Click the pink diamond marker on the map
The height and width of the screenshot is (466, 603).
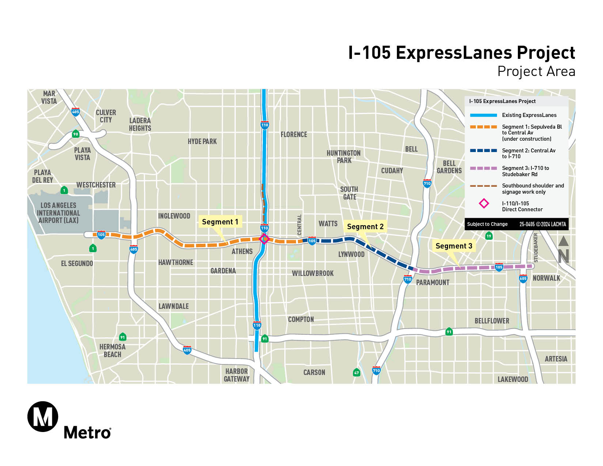click(264, 239)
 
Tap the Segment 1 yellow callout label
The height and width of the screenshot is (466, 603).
click(220, 222)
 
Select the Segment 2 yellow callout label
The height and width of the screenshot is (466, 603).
click(365, 227)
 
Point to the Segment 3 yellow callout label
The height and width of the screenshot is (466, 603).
click(454, 246)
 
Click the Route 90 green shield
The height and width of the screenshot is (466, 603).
click(75, 134)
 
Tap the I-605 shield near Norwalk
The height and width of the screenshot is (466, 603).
click(523, 279)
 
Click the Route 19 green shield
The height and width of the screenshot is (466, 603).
click(489, 236)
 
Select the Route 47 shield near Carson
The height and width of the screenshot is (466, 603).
click(356, 373)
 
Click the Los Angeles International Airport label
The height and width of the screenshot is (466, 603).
click(58, 213)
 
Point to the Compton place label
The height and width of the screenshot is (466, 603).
click(301, 319)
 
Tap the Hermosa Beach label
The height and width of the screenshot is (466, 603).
click(112, 351)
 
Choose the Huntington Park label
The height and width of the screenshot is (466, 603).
click(344, 157)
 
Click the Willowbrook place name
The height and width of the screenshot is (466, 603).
click(312, 273)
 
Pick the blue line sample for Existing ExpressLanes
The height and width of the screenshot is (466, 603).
click(483, 115)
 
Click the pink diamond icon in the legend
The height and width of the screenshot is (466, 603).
click(484, 204)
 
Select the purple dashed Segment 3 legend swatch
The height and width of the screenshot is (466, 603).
click(483, 168)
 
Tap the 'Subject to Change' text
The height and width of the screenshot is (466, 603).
click(487, 224)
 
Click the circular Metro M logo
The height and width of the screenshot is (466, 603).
click(43, 417)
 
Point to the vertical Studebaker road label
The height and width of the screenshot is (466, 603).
click(536, 248)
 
